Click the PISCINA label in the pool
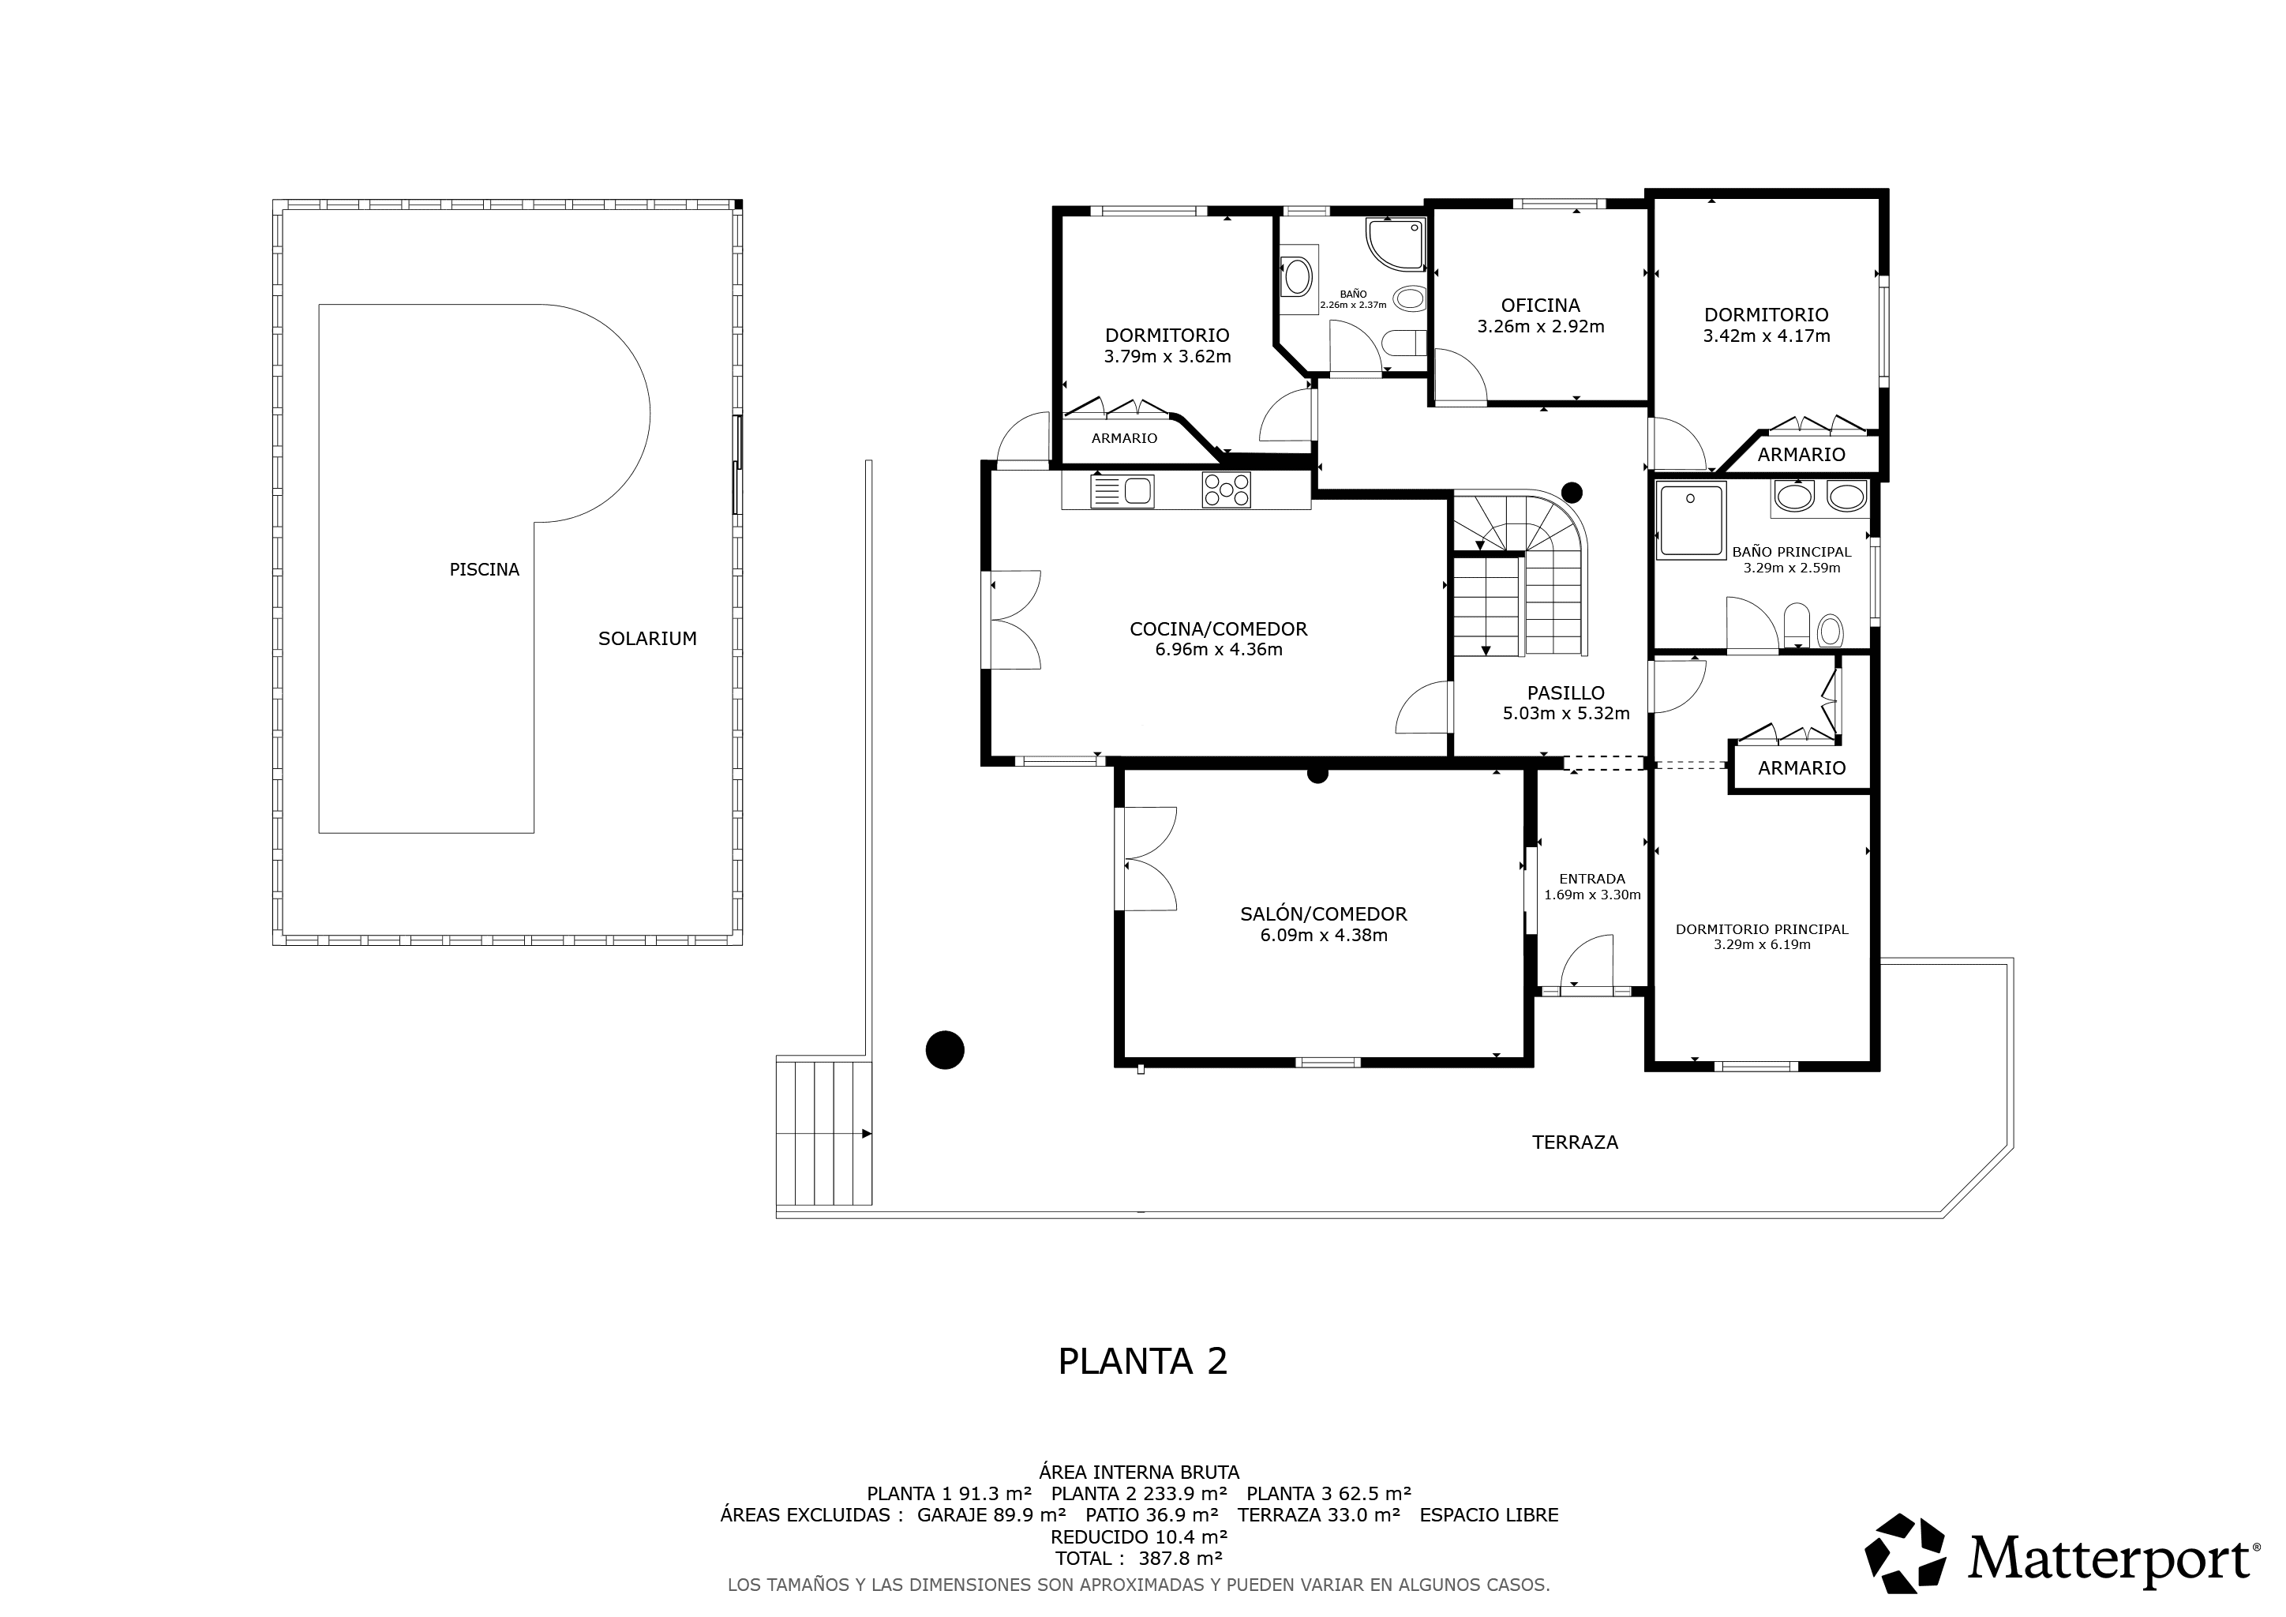click(484, 569)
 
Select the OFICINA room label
click(1540, 306)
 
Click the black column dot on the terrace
click(945, 1049)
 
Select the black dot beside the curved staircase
click(1572, 492)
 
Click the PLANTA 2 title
click(1142, 1362)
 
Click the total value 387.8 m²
click(1180, 1559)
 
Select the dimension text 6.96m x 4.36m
click(1219, 650)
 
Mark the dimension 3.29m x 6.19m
click(1763, 945)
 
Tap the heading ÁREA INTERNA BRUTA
click(1139, 1472)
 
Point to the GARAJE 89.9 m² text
click(991, 1515)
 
